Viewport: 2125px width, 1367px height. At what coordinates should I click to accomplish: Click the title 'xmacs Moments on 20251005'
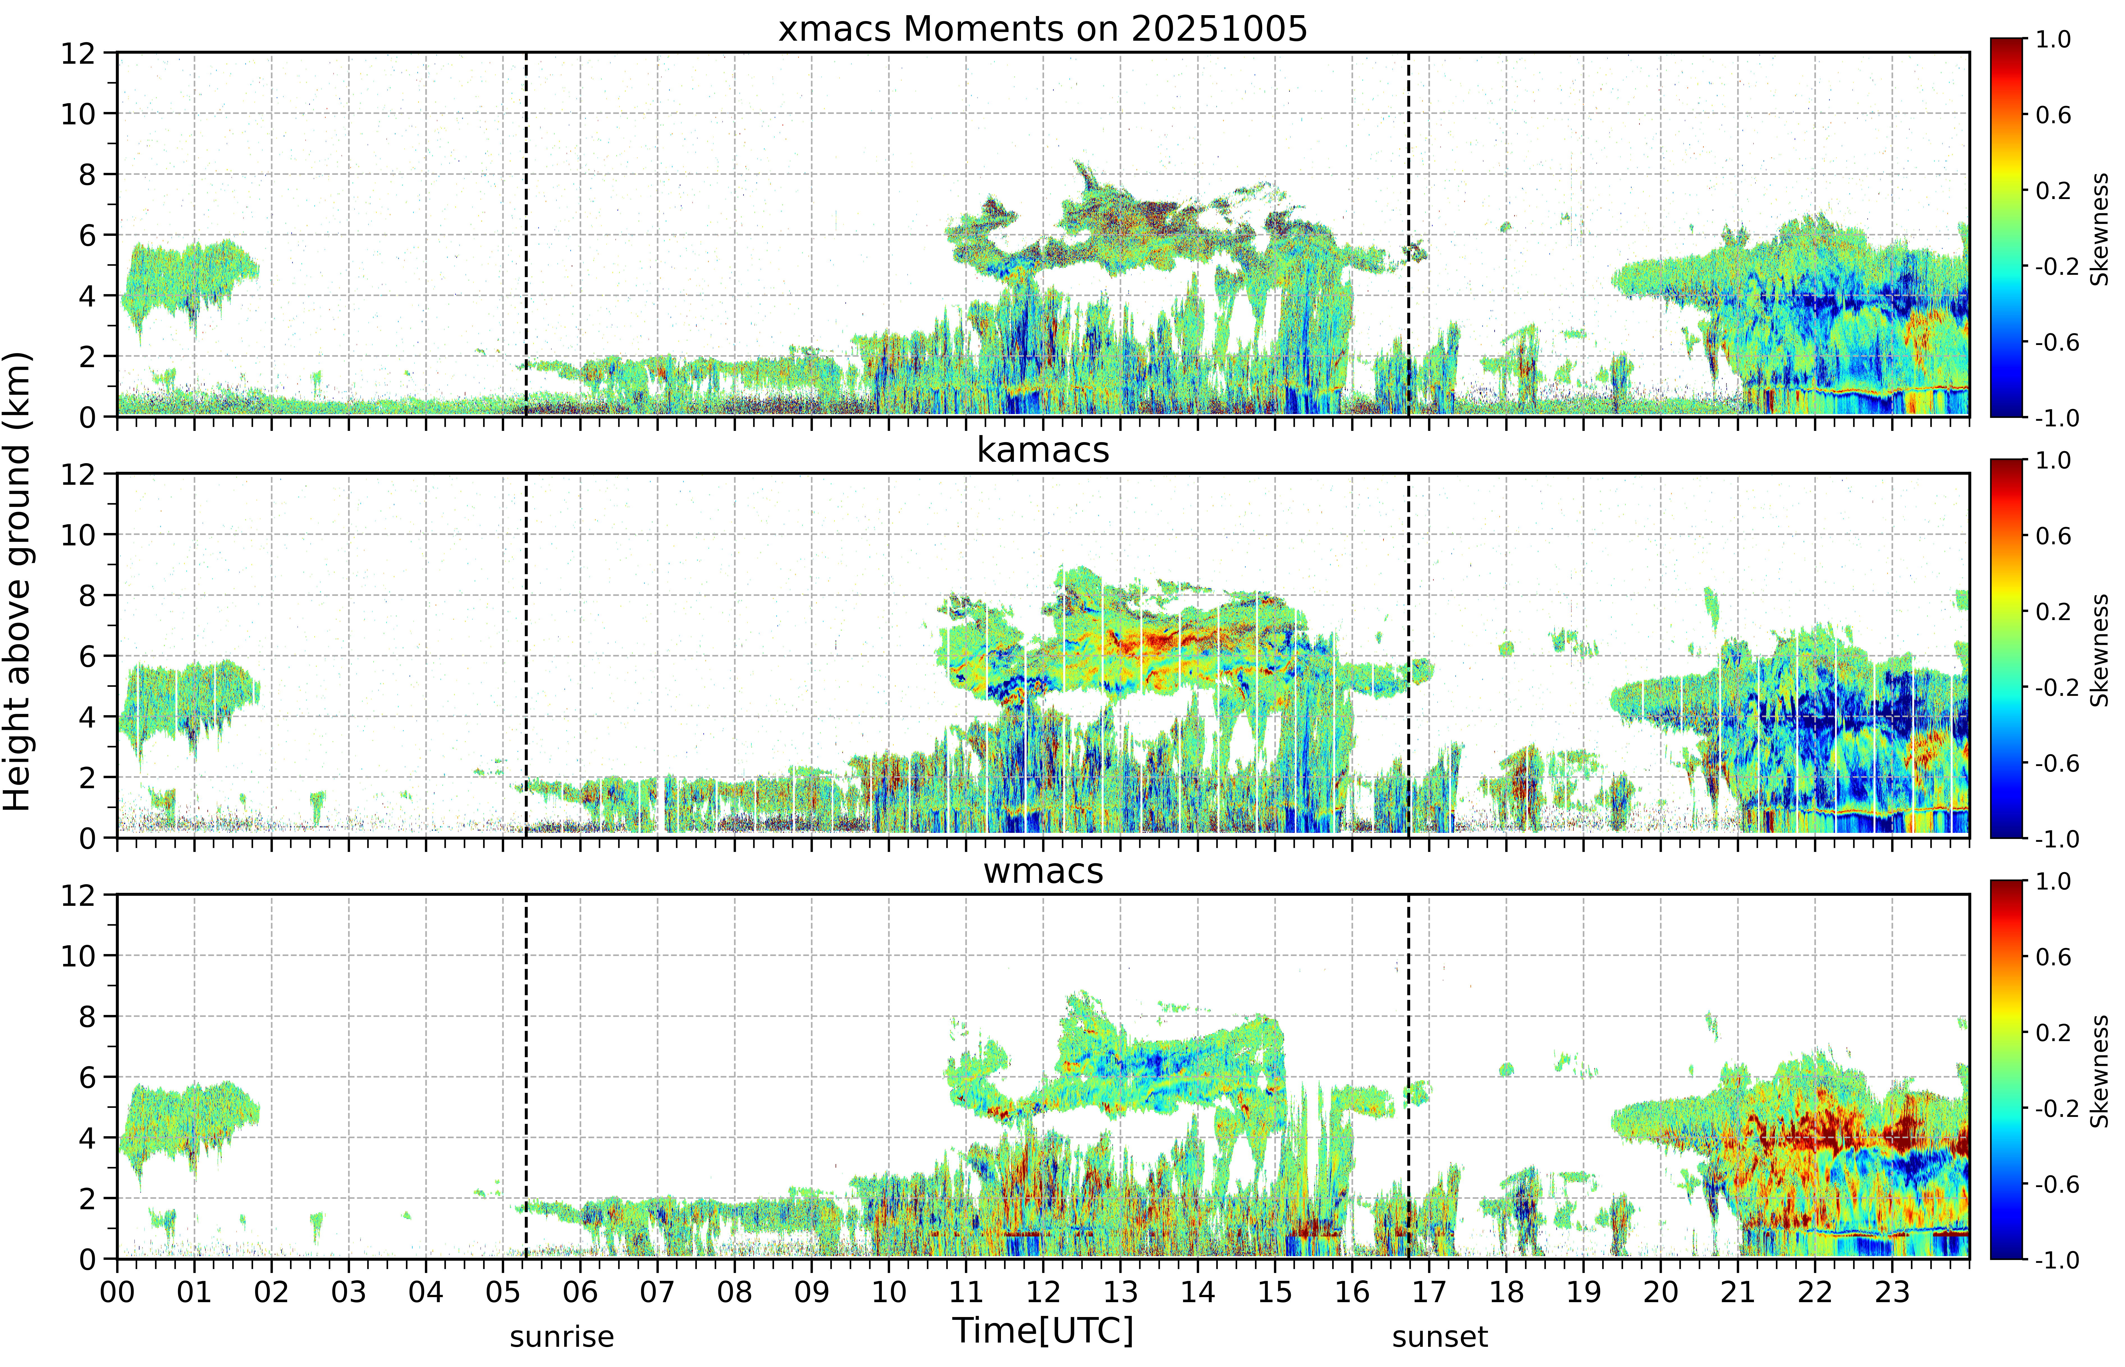click(1043, 29)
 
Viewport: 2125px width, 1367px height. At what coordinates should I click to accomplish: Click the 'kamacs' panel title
click(1043, 450)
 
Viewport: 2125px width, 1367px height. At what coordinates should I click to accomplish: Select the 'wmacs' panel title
click(1043, 871)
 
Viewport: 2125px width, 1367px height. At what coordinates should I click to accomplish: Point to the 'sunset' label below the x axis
click(1440, 1337)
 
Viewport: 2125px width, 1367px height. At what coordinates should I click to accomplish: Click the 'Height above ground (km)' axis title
click(17, 581)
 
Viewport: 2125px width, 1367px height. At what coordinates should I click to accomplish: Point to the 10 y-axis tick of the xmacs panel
click(78, 114)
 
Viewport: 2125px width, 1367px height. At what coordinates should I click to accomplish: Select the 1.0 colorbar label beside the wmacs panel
click(2053, 881)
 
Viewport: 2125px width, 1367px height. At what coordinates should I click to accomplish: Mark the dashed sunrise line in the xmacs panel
click(526, 234)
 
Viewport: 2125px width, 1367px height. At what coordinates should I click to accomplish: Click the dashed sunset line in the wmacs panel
click(1409, 1077)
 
